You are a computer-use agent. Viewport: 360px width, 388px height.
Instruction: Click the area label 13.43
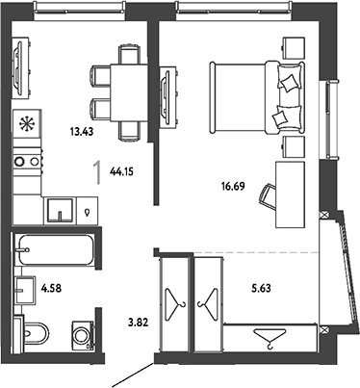(x=82, y=131)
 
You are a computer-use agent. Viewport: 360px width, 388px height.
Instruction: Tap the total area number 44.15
(x=121, y=171)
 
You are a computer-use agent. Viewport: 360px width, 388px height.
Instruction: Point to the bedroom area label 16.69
(x=233, y=186)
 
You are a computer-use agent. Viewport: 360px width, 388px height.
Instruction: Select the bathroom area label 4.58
(x=51, y=288)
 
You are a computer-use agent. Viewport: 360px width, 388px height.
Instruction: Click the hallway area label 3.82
(x=138, y=323)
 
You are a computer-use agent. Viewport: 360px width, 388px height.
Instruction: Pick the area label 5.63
(x=261, y=288)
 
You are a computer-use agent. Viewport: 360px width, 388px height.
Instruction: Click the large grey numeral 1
(x=97, y=172)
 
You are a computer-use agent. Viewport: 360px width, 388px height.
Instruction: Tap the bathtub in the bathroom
(x=56, y=250)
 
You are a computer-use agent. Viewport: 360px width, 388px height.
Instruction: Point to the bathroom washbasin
(x=25, y=291)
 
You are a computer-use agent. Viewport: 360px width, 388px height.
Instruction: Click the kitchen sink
(x=60, y=210)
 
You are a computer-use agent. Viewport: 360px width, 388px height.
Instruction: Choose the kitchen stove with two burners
(x=28, y=161)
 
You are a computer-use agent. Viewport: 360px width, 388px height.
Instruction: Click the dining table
(x=129, y=93)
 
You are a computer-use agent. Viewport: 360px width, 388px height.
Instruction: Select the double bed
(x=257, y=97)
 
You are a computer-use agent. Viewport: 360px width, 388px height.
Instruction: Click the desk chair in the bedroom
(x=269, y=197)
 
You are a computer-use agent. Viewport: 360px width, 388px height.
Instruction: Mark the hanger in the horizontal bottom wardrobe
(x=270, y=338)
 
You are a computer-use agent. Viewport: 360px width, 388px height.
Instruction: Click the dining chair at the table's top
(x=129, y=54)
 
